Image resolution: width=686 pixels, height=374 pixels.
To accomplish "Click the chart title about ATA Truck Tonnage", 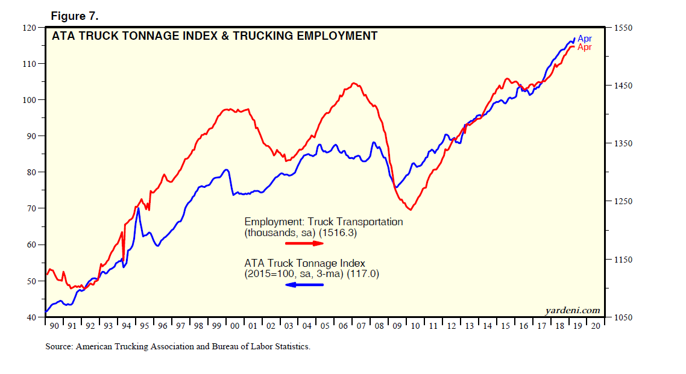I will [x=215, y=36].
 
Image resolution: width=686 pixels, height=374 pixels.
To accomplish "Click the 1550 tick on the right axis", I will [x=623, y=28].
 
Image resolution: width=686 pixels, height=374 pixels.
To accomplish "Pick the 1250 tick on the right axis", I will [x=623, y=202].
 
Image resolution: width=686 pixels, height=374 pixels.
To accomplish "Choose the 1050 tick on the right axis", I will [x=623, y=317].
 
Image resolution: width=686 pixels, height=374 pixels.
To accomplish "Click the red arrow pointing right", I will [x=304, y=243].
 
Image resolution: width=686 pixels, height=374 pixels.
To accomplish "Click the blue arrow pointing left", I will [x=304, y=284].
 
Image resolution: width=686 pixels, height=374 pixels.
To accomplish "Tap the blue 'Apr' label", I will [x=585, y=39].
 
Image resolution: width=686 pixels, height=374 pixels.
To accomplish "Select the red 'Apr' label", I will [x=585, y=48].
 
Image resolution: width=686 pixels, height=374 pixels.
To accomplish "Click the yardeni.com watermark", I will [x=572, y=311].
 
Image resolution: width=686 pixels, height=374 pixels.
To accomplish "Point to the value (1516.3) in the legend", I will [x=339, y=232].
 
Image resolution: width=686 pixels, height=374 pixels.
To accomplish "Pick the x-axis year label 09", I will [x=397, y=326].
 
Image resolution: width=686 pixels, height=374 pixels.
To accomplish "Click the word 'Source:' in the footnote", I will [x=59, y=347].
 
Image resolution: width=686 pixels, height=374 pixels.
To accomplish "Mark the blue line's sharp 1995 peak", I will [x=138, y=208].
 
